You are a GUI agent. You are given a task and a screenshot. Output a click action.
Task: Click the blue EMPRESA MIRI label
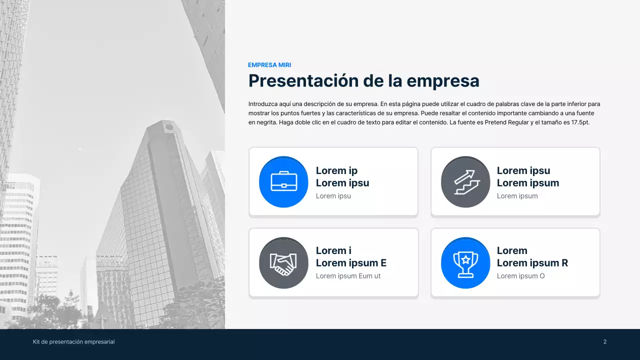click(269, 65)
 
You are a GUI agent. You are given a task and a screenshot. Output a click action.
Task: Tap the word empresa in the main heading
click(442, 80)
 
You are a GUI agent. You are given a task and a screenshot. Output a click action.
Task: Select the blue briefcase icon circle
click(283, 181)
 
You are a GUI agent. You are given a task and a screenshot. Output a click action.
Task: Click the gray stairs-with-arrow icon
click(465, 181)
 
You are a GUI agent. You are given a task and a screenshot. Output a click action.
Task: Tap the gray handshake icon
click(283, 263)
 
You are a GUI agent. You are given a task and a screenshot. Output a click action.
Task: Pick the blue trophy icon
click(465, 263)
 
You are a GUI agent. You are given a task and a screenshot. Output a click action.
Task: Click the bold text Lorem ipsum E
click(351, 263)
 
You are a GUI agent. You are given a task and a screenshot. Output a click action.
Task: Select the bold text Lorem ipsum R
click(532, 263)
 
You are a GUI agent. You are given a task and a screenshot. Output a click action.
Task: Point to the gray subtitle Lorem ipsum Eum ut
click(348, 276)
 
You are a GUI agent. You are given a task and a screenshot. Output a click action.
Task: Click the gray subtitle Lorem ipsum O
click(520, 276)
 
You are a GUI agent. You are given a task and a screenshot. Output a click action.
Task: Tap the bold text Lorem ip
click(336, 170)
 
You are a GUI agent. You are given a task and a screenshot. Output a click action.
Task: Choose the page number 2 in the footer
click(605, 342)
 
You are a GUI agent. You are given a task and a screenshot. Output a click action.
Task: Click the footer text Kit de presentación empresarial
click(74, 342)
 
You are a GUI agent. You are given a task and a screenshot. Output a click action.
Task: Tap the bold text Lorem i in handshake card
click(333, 250)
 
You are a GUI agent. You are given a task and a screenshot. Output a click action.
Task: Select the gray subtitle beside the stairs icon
click(517, 196)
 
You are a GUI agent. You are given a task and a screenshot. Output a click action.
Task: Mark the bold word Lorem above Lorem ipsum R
click(512, 250)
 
